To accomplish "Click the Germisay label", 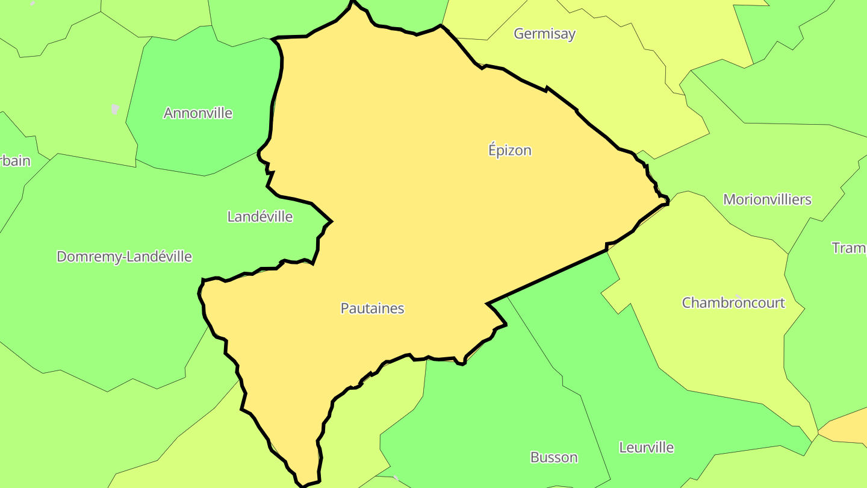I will click(x=544, y=34).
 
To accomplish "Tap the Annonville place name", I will click(x=197, y=113).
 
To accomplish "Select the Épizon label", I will click(x=509, y=150).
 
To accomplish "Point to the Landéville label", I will click(x=259, y=216).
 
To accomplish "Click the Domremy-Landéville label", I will click(x=124, y=257).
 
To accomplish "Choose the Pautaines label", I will click(x=372, y=308).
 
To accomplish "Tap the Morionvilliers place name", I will click(x=767, y=199).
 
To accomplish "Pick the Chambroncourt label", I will click(x=733, y=302).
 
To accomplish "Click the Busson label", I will click(x=553, y=457).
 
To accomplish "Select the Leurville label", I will click(x=646, y=448).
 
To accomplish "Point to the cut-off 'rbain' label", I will click(x=14, y=161).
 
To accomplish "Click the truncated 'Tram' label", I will click(x=849, y=248).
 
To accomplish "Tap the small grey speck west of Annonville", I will click(x=115, y=109).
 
